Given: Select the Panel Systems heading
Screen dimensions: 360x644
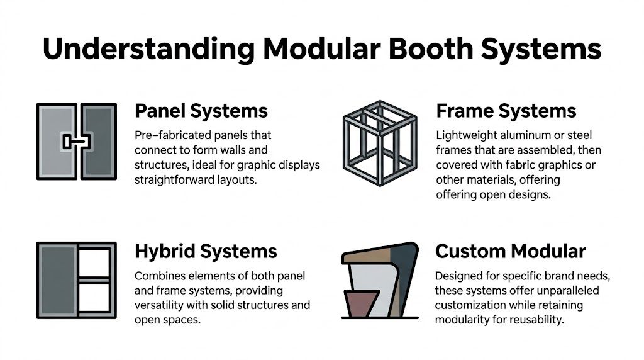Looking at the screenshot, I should click(x=201, y=111).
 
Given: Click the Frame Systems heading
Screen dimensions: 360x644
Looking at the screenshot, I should click(x=506, y=111).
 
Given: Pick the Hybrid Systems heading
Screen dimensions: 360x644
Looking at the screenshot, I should click(x=206, y=251).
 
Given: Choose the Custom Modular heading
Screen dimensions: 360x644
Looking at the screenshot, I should click(x=510, y=252).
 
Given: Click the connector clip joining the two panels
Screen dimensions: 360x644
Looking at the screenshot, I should click(x=76, y=141).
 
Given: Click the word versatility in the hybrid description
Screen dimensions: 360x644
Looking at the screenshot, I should click(x=161, y=306).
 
